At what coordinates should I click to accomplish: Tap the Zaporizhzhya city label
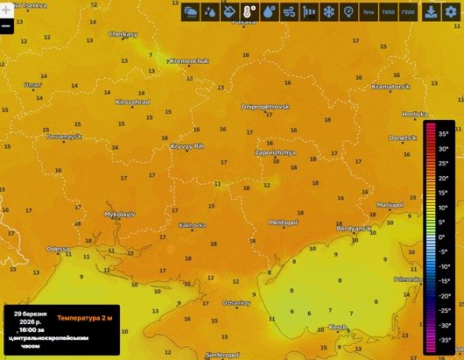click(275, 152)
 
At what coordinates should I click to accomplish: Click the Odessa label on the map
click(58, 249)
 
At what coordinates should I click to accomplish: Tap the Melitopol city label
click(284, 222)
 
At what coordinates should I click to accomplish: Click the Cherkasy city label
click(123, 34)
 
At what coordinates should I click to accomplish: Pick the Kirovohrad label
click(132, 102)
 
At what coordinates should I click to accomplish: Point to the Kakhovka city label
click(192, 225)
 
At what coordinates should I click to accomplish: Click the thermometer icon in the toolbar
click(249, 12)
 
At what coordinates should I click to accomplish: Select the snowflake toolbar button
click(328, 12)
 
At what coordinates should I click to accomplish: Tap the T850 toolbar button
click(390, 12)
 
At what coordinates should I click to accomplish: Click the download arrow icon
click(432, 12)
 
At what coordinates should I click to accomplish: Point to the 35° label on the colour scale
click(444, 134)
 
